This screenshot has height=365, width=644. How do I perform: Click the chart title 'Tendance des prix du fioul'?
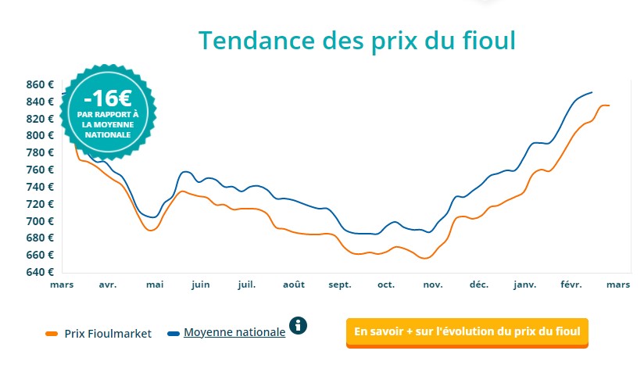tap(356, 40)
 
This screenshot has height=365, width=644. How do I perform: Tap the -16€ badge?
tap(108, 112)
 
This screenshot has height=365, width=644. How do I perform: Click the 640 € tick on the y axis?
tap(39, 272)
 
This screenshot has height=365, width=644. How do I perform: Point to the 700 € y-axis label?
tap(39, 221)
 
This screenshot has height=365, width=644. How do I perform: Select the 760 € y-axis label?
tap(39, 170)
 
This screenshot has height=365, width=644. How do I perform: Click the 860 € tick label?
tap(39, 84)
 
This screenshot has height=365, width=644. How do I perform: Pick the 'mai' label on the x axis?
tap(154, 284)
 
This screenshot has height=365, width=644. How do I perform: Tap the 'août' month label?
tap(293, 284)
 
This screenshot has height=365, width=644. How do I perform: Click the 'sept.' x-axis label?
tap(340, 284)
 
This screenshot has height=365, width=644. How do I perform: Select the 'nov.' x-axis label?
tap(433, 284)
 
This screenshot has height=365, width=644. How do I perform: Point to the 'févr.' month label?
tap(571, 284)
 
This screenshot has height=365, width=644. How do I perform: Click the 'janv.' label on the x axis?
tap(524, 284)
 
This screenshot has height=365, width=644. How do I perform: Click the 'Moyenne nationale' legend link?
tap(234, 332)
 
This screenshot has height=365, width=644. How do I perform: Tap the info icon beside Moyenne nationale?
tap(299, 325)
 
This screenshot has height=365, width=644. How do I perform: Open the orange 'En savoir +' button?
tap(467, 331)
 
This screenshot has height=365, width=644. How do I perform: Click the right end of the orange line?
tap(609, 105)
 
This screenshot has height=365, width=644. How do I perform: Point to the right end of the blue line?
tap(592, 92)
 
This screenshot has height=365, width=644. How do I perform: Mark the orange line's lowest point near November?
tap(424, 258)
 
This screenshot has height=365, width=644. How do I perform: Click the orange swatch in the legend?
tap(52, 333)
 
